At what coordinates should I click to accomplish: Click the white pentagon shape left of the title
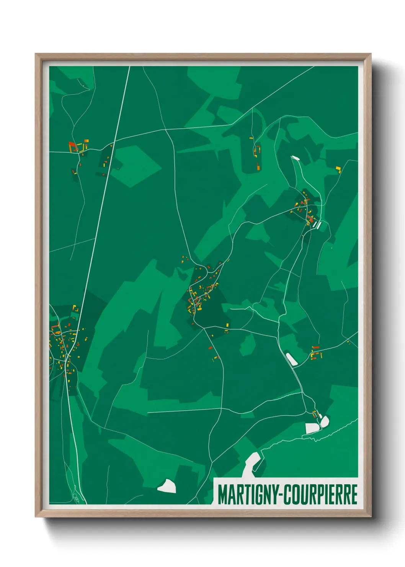pyautogui.click(x=167, y=486)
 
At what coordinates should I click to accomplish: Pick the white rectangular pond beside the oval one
pyautogui.click(x=312, y=428)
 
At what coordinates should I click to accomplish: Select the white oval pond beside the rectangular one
pyautogui.click(x=325, y=421)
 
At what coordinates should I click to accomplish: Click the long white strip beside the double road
pyautogui.click(x=292, y=359)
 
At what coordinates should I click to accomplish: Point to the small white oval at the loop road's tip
pyautogui.click(x=295, y=157)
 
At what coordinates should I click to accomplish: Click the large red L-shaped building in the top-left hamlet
pyautogui.click(x=72, y=146)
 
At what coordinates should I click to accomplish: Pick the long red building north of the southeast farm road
pyautogui.click(x=316, y=347)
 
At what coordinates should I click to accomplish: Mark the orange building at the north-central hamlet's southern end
pyautogui.click(x=258, y=166)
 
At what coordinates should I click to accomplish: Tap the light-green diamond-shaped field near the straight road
pyautogui.click(x=136, y=166)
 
